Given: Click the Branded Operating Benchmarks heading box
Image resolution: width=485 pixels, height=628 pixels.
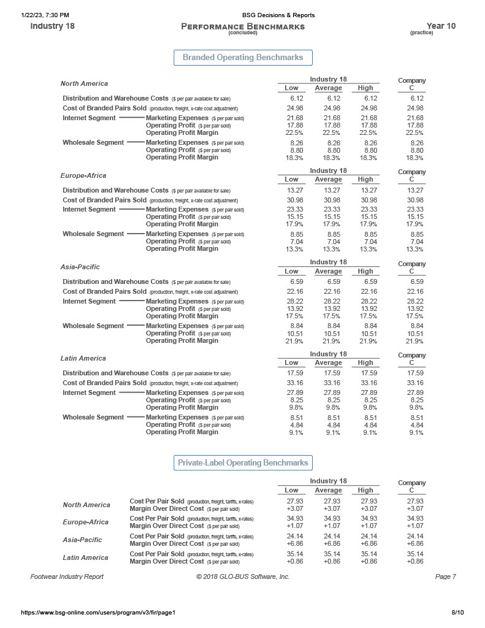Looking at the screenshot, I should pyautogui.click(x=243, y=58).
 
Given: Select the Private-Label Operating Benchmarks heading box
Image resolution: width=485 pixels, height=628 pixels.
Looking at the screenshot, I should pyautogui.click(x=243, y=462).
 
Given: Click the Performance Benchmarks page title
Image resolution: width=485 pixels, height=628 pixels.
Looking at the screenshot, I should pyautogui.click(x=243, y=26).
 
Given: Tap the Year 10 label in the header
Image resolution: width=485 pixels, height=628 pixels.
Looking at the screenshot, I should pyautogui.click(x=440, y=26).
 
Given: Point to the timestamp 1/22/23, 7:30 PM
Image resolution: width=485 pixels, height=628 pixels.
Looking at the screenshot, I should pyautogui.click(x=45, y=15).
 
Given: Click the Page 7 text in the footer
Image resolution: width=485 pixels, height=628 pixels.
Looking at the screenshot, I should pyautogui.click(x=445, y=576).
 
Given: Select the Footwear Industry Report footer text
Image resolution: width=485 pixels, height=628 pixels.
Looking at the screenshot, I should pyautogui.click(x=67, y=576).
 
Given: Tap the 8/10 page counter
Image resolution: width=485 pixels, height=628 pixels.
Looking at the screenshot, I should pyautogui.click(x=457, y=612).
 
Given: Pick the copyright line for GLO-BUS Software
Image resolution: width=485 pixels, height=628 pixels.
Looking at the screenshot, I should pyautogui.click(x=243, y=576).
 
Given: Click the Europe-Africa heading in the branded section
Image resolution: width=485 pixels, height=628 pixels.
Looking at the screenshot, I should pyautogui.click(x=83, y=175).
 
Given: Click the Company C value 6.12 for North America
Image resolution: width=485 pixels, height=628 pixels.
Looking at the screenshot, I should pyautogui.click(x=417, y=98).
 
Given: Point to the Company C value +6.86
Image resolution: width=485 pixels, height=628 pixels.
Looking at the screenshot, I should pyautogui.click(x=415, y=543).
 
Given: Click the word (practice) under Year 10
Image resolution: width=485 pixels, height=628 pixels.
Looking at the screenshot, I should pyautogui.click(x=422, y=33).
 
